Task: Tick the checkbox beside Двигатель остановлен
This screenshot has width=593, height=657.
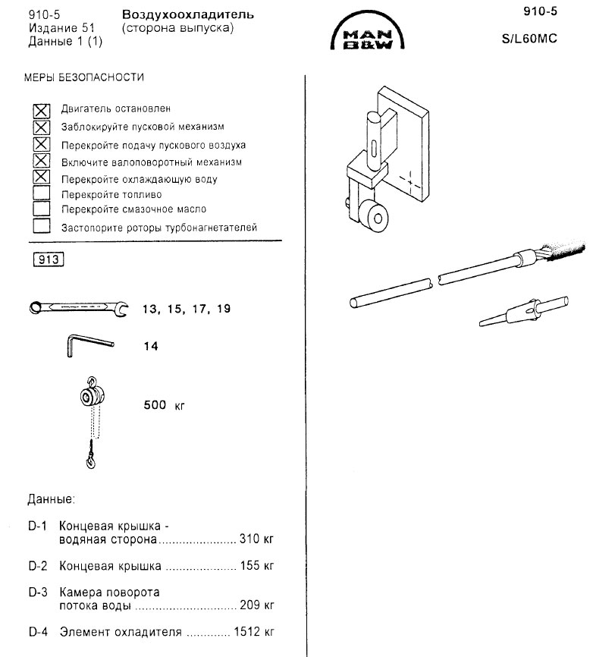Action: [42, 110]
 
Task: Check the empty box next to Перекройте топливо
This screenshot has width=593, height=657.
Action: [42, 194]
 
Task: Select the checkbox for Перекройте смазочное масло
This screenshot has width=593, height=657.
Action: [42, 209]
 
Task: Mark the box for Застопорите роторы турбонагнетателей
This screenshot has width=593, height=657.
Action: [42, 226]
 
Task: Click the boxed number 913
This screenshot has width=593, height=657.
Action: [48, 259]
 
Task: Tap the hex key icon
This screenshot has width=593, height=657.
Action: [85, 345]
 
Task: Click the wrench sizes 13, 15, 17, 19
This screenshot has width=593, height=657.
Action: [186, 310]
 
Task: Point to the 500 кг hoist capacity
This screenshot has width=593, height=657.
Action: [165, 404]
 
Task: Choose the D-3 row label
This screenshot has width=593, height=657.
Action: [38, 592]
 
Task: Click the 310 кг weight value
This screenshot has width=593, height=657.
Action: [256, 540]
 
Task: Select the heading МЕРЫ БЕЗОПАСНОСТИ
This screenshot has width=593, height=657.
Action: [84, 77]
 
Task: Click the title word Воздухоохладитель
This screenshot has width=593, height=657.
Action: [188, 15]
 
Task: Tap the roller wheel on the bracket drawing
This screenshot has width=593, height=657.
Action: [377, 218]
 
